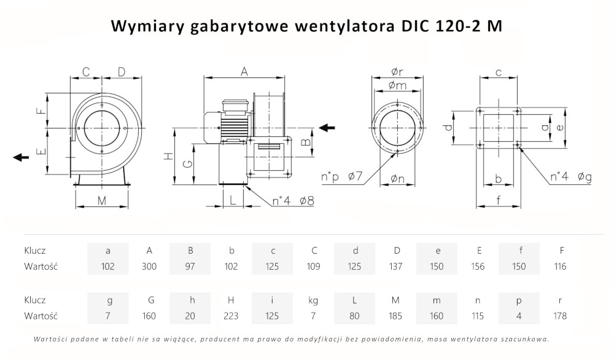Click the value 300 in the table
pos(149,267)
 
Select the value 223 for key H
pos(231,316)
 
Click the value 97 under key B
pos(190,267)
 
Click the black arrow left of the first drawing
pos(21,157)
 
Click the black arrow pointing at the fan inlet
pos(327,128)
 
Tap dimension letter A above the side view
pos(244,72)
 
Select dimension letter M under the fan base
pos(102,200)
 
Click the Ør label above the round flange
pos(397,72)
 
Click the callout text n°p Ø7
pos(343,178)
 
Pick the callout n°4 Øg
pos(570,178)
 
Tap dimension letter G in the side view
pos(190,163)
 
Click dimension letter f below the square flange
pos(499,200)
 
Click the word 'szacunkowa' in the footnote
pos(523,339)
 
